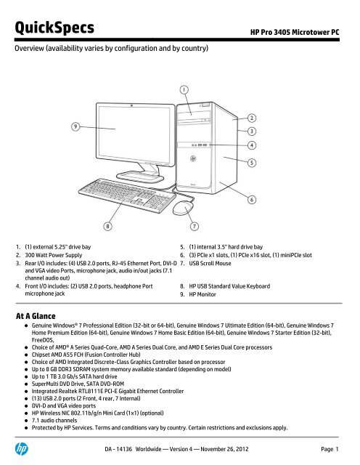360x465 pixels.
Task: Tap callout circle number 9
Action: click(75, 127)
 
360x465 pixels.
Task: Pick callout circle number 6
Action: click(253, 198)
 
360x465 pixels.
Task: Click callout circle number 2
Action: click(253, 117)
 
